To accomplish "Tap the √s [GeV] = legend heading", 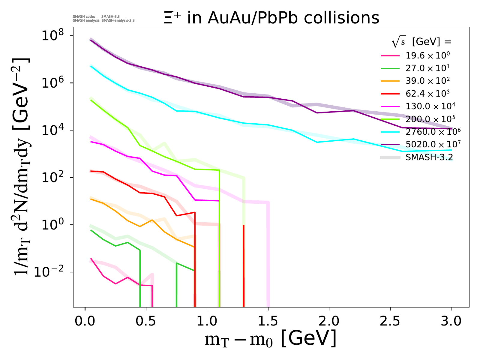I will pos(421,42).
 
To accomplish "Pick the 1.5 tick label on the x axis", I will pos(268,321).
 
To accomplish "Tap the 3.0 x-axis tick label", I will pos(451,321).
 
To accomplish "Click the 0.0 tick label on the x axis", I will pos(85,321).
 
